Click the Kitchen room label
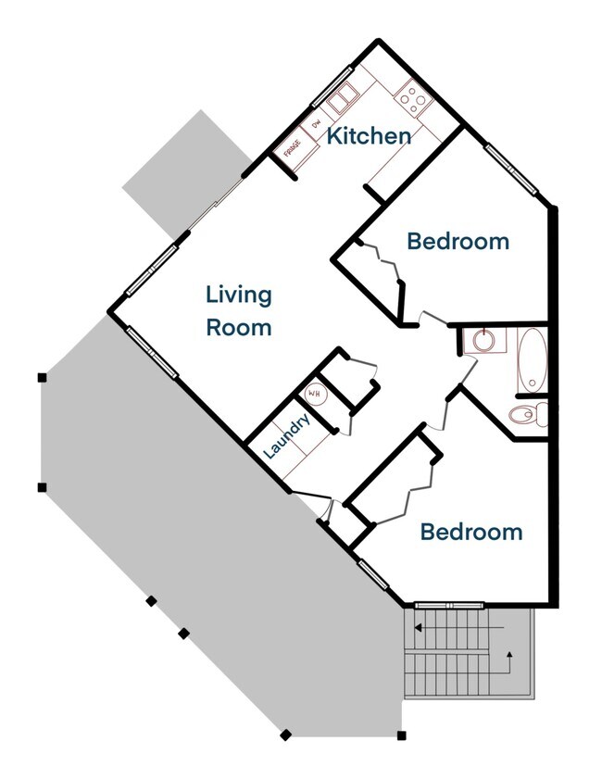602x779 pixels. tap(369, 135)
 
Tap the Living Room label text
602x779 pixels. tap(239, 311)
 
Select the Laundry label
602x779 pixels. tap(286, 435)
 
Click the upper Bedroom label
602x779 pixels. tap(458, 242)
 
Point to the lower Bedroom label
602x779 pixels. tap(471, 532)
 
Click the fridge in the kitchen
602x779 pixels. tap(294, 149)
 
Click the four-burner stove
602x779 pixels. tap(413, 99)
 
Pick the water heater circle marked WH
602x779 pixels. tap(314, 395)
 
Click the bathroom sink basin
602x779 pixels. tap(483, 340)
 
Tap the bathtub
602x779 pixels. tap(532, 359)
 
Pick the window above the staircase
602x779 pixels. tap(449, 605)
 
